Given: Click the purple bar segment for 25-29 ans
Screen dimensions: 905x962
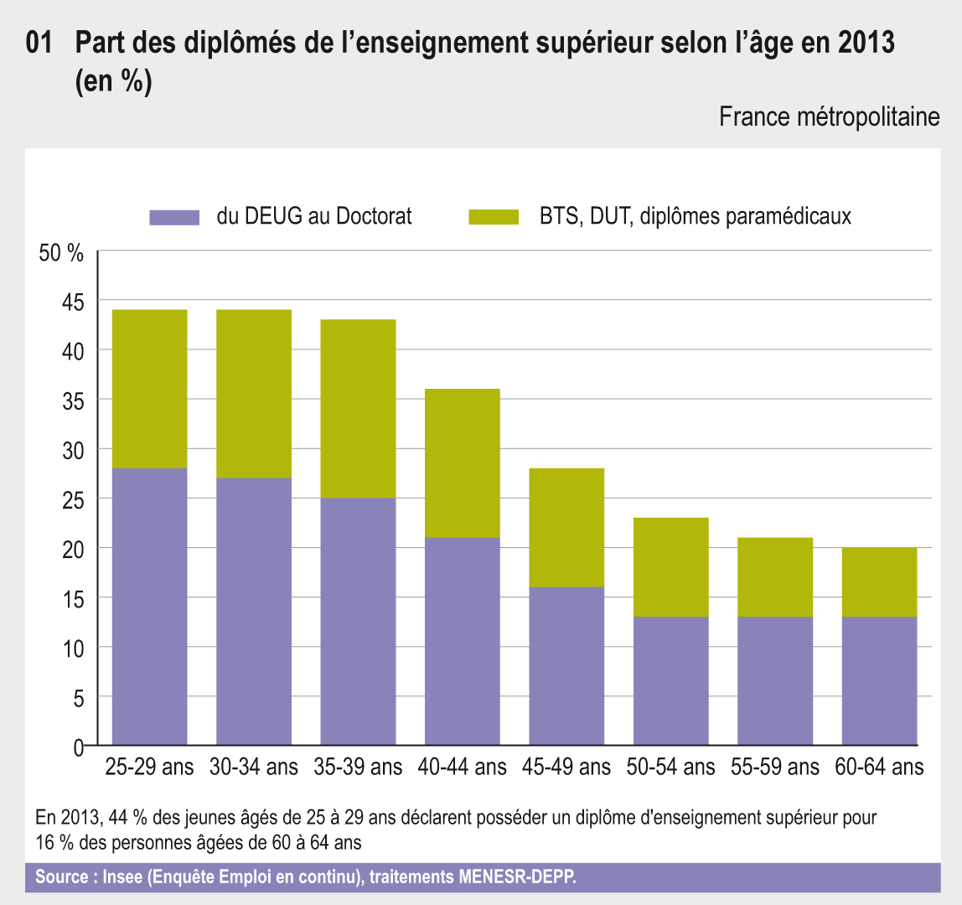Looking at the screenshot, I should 149,607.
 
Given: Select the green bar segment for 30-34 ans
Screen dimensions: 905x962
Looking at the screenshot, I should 254,394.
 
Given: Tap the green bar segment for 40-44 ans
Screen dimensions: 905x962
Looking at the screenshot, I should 463,463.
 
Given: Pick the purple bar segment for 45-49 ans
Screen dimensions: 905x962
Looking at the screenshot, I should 566,666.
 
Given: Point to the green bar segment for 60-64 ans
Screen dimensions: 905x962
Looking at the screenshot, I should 879,582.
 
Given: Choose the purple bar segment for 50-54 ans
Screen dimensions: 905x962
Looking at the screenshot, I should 671,680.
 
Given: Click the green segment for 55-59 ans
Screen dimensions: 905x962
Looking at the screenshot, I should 775,577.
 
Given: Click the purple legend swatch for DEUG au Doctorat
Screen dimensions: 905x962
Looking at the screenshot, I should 174,217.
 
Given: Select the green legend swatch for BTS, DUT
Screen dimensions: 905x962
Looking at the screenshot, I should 494,217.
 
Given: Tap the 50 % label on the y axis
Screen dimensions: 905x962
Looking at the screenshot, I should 62,253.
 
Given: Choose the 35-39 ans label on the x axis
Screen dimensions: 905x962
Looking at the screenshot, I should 358,767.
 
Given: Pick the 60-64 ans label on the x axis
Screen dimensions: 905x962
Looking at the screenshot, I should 879,767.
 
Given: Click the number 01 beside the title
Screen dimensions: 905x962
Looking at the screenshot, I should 40,44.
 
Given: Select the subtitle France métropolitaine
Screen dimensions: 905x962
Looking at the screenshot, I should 829,116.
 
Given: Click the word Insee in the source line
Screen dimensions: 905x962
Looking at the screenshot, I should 121,877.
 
